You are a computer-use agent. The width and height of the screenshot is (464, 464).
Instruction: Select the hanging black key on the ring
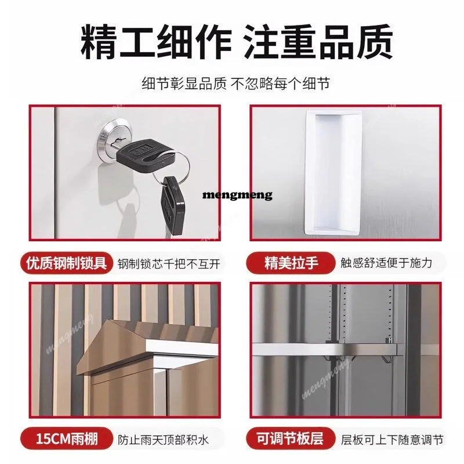172,205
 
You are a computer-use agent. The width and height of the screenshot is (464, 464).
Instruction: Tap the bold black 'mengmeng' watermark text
237,195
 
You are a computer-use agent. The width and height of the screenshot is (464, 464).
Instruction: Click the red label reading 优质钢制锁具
67,263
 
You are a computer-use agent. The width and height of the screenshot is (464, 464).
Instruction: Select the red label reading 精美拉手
291,263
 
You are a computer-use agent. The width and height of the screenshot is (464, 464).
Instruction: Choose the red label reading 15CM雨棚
67,438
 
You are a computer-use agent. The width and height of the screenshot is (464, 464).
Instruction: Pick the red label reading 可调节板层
291,438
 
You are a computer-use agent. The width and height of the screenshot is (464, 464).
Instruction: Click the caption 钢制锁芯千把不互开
169,263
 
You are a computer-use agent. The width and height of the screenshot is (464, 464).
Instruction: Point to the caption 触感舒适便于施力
386,263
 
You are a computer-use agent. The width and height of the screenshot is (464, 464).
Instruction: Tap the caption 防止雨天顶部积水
164,440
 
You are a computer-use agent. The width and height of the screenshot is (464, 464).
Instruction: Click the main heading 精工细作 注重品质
237,42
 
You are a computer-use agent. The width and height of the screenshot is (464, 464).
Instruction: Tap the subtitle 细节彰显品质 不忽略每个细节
236,84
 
